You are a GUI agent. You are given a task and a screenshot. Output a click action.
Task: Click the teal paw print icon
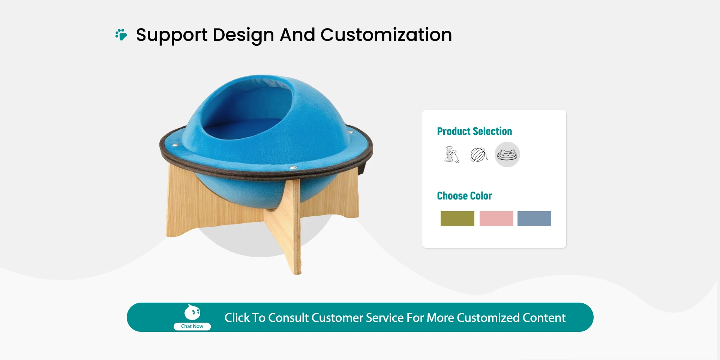(x=121, y=34)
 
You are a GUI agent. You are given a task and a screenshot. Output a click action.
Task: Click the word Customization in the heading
(x=386, y=35)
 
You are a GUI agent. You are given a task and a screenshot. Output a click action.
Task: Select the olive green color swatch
(x=457, y=219)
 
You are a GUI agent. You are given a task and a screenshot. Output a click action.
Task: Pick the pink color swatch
(x=496, y=219)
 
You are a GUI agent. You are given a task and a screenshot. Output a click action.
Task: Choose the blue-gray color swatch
(x=534, y=219)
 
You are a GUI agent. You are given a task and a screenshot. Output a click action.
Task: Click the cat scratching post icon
(x=451, y=154)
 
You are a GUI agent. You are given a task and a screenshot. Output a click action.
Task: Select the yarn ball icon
(x=479, y=154)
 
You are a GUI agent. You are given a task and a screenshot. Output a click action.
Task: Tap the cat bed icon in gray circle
(x=507, y=154)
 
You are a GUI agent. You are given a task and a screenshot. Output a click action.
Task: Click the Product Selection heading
(x=474, y=131)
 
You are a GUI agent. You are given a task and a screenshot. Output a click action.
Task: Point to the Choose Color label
(x=464, y=196)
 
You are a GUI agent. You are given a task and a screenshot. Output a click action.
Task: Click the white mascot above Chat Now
(x=192, y=312)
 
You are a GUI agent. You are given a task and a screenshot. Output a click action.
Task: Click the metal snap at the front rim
(x=293, y=168)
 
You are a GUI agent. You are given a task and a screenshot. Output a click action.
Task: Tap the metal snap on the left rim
(x=174, y=145)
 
